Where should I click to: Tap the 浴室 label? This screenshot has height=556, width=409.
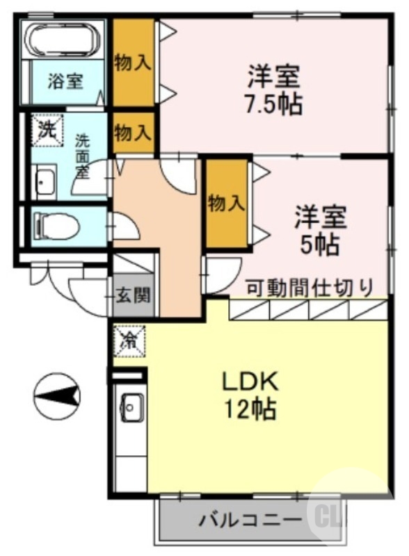(65, 81)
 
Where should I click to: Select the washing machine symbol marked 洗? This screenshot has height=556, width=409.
(47, 130)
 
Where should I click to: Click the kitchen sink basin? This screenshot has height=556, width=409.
(131, 407)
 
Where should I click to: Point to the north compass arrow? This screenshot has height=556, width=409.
(57, 395)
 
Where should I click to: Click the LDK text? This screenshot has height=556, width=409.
(250, 382)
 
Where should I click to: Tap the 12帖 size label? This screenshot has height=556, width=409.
(250, 409)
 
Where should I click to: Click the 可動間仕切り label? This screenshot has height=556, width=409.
(310, 288)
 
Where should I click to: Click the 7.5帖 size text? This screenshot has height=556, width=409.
(274, 104)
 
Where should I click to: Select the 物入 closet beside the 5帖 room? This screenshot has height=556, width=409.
(227, 204)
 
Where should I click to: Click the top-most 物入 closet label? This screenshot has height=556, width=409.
(133, 63)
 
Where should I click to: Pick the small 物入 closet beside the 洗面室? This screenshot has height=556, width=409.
(134, 133)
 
